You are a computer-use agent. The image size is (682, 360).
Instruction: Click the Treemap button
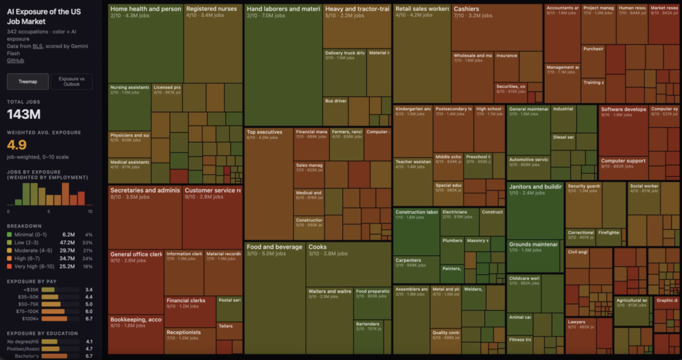click(27, 81)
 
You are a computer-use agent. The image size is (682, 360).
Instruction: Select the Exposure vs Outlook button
click(71, 81)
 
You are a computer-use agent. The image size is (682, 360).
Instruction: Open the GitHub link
click(15, 61)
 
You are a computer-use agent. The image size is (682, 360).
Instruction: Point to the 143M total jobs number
click(24, 114)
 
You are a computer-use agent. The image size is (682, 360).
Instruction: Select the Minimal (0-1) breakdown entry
click(25, 234)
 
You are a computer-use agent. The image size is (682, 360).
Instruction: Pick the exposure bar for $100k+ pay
click(53, 319)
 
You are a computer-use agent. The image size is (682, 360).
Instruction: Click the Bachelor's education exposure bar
click(54, 356)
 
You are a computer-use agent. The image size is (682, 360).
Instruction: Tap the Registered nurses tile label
click(212, 9)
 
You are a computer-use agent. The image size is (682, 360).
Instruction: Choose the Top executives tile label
click(265, 132)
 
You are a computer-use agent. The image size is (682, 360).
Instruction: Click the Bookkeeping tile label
click(136, 319)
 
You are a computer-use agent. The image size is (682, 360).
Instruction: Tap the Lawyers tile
click(577, 322)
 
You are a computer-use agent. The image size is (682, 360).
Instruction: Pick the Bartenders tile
click(368, 324)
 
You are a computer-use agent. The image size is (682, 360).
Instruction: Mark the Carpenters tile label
click(408, 260)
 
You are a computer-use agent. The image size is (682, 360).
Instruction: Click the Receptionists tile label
click(183, 332)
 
